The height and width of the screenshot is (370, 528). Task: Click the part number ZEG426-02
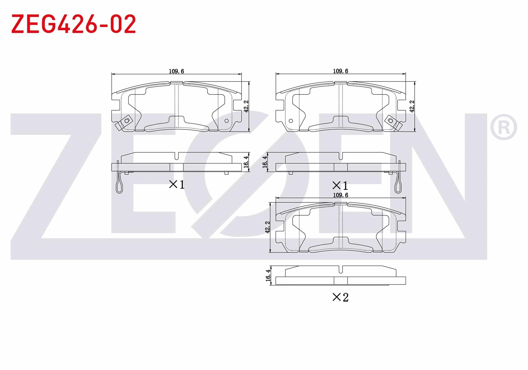tap(74, 24)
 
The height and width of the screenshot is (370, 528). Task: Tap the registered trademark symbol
tap(503, 127)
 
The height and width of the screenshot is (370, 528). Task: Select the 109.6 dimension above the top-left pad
tap(176, 71)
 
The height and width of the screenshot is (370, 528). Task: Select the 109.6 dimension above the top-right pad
tap(341, 71)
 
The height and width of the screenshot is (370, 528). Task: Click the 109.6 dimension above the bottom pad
tap(341, 195)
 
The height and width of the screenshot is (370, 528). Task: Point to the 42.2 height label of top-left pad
tap(246, 106)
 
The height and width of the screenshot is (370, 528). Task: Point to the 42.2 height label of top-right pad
tap(412, 106)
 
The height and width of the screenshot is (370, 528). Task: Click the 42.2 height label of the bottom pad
tap(268, 227)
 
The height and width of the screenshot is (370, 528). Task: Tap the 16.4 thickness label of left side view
tap(246, 162)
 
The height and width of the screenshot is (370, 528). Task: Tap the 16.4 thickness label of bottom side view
tap(268, 275)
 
